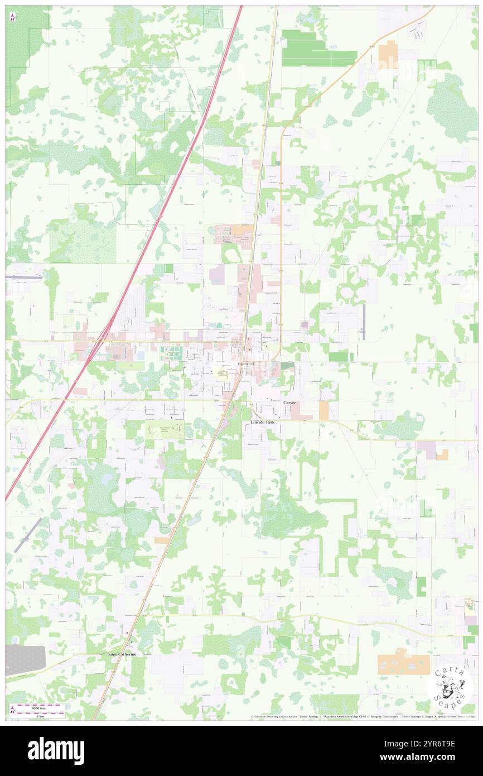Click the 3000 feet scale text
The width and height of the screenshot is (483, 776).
39,707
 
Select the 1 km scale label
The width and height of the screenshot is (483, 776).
41,716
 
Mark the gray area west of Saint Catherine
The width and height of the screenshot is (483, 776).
25,659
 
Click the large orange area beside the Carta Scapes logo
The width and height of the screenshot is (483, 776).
403,664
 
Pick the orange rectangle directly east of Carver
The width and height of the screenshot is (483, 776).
324,410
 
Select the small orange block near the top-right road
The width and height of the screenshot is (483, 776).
388,54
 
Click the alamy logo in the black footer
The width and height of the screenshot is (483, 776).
56,751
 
